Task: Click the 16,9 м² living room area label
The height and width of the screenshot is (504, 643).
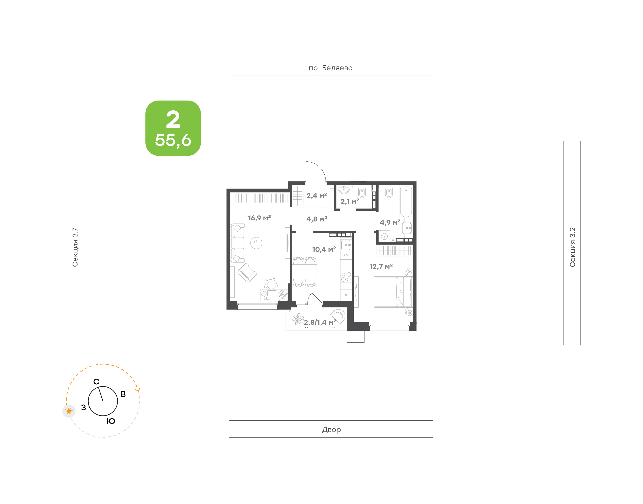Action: click(x=259, y=218)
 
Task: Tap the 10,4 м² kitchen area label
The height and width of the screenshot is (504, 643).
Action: click(x=324, y=249)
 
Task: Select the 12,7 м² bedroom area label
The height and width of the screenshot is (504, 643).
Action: click(x=381, y=267)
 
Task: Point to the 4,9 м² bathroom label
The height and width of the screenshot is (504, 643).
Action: click(x=390, y=222)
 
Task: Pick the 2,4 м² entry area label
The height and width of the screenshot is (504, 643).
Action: click(x=317, y=196)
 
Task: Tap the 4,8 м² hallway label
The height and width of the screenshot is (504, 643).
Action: click(x=317, y=219)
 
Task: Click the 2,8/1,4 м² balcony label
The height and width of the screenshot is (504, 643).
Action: click(x=320, y=322)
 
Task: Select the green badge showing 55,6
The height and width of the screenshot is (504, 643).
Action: click(x=173, y=128)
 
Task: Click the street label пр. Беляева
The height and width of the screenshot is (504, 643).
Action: click(x=330, y=68)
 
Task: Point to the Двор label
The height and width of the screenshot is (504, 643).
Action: click(x=331, y=430)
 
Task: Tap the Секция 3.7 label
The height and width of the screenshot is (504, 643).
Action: click(x=75, y=247)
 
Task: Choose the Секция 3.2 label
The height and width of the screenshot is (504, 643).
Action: click(x=572, y=247)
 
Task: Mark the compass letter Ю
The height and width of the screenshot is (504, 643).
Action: click(x=111, y=421)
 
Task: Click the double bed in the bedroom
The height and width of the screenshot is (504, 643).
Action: click(x=393, y=292)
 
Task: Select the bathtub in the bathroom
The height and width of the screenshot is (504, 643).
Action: click(x=406, y=202)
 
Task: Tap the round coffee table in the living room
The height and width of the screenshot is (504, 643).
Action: click(x=256, y=243)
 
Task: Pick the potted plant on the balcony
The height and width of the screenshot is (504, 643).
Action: click(x=298, y=319)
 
